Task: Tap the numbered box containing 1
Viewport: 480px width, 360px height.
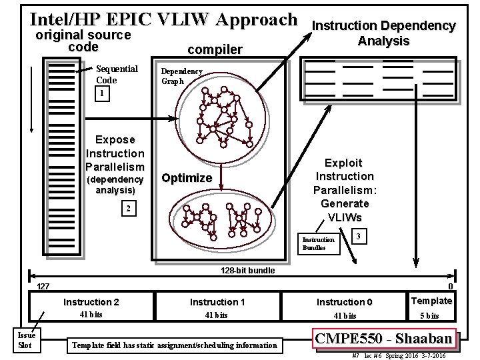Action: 101,94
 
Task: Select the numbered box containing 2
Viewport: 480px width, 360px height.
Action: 129,209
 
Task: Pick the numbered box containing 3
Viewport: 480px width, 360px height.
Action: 359,237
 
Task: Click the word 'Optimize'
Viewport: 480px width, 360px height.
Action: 187,178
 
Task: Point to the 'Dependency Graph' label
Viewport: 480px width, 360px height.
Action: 181,76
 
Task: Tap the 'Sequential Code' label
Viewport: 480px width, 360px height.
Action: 116,74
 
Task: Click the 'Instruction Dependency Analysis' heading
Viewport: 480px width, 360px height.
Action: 384,33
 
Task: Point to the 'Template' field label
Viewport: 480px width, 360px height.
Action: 432,301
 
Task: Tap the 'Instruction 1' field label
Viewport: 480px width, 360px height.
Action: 217,302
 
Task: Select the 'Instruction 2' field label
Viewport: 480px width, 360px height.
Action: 91,302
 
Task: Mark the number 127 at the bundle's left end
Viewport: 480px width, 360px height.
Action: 43,286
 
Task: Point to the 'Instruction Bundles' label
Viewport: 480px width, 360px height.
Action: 318,243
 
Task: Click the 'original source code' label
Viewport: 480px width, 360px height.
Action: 83,41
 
